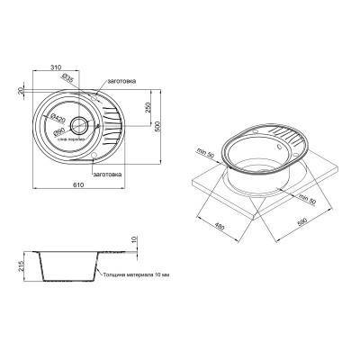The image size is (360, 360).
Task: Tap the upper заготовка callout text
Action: coord(120,81)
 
